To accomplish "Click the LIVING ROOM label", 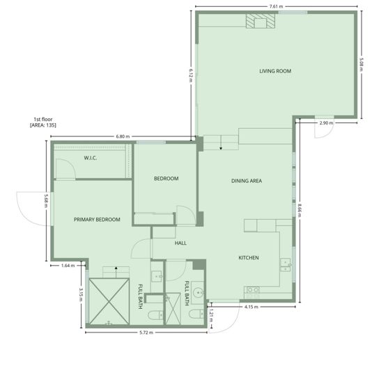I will coord(274,71).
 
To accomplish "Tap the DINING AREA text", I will coord(246,181).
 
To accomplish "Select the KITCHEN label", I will coord(249,258).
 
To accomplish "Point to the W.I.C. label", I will coord(90,159).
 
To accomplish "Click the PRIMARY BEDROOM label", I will coord(97,220).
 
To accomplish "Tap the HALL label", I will coord(180,243).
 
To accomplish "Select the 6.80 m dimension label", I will coord(123,136).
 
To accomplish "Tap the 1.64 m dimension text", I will coord(68,266).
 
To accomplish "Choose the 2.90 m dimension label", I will coord(325,123).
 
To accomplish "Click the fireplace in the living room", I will coord(260,22).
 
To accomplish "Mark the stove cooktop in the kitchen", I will coord(253,291).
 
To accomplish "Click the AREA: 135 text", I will coord(42,124).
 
